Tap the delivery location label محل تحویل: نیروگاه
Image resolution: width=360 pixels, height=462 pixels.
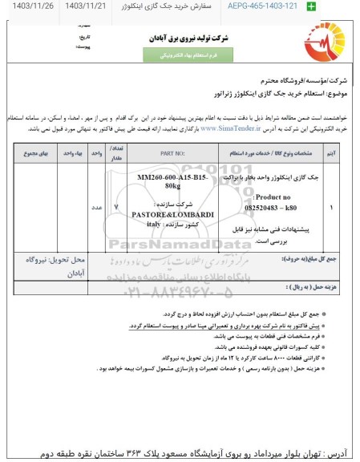point(50,284)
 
